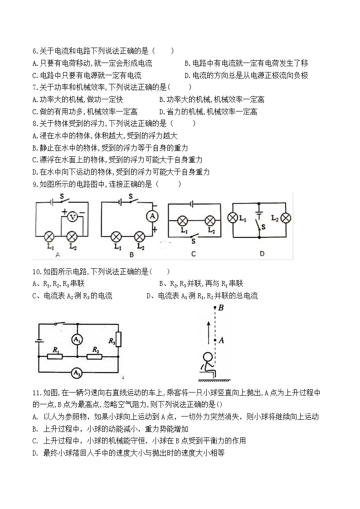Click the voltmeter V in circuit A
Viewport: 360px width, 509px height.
[71, 218]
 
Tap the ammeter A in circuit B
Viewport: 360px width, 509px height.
[153, 217]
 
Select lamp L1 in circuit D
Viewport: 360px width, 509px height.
[233, 218]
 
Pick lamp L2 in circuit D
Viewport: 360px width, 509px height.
[286, 218]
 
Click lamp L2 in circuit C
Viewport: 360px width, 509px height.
[209, 221]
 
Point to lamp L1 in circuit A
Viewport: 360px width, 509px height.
[49, 236]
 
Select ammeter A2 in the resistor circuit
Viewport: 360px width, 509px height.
[77, 373]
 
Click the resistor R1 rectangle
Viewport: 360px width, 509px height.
[55, 356]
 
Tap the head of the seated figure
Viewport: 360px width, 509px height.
[208, 357]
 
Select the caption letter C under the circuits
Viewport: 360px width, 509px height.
[193, 254]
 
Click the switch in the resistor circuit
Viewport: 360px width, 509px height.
[58, 324]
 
